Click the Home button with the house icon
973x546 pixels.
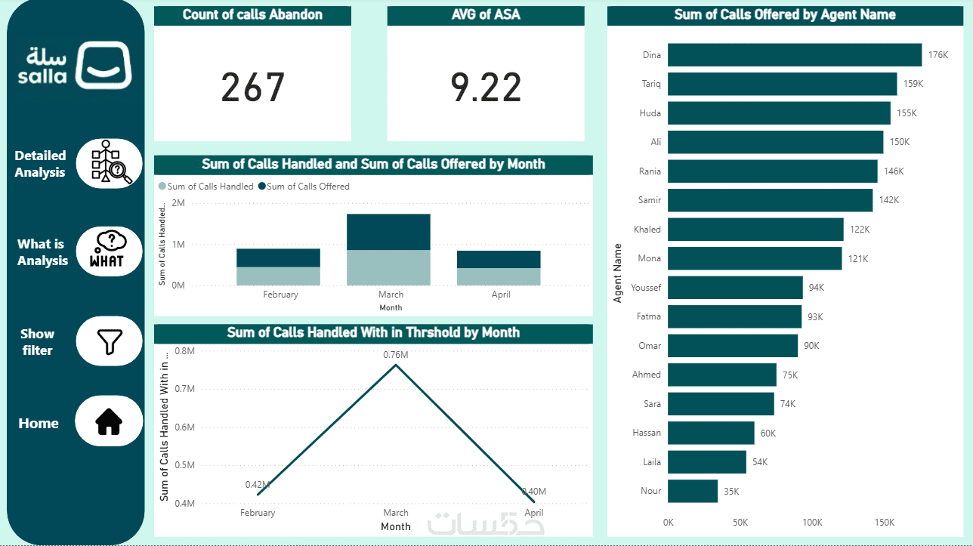109,421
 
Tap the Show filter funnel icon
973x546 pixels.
110,341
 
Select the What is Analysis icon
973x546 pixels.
110,251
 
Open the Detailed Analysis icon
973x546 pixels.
110,163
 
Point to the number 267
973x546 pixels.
252,88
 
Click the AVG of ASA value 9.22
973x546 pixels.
486,88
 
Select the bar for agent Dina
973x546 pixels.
794,55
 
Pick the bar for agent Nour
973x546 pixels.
693,491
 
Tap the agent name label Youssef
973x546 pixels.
646,288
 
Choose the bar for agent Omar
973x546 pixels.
732,346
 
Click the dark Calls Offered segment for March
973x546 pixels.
388,232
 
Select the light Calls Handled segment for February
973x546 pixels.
278,276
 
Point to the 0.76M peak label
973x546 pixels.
395,355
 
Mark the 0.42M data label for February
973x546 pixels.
257,484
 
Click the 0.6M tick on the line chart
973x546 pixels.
184,427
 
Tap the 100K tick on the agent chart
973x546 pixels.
812,523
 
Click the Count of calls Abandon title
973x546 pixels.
252,14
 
